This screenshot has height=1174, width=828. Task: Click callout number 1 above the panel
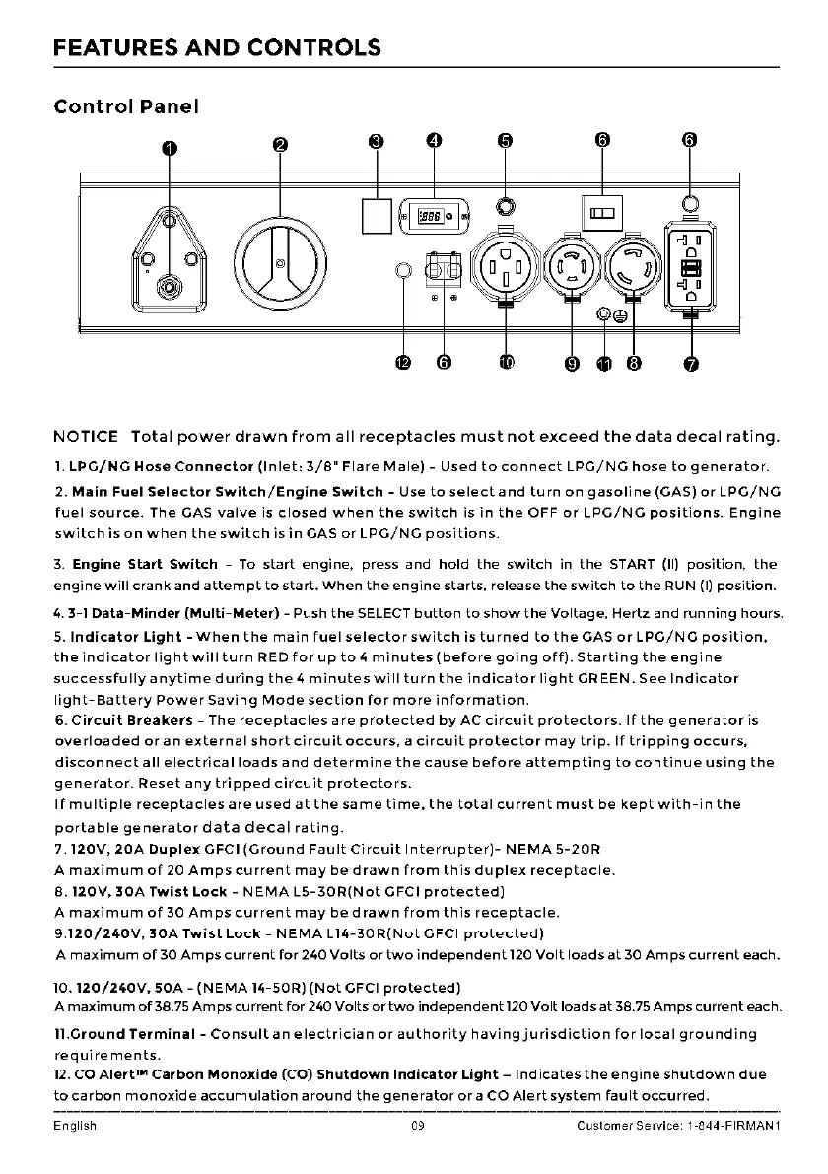pyautogui.click(x=170, y=148)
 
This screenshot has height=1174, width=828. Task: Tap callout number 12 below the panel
pyautogui.click(x=402, y=364)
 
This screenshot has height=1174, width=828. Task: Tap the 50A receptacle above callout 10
pyautogui.click(x=505, y=266)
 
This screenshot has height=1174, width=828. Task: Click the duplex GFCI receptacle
pyautogui.click(x=691, y=268)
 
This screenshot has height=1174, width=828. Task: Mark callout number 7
pyautogui.click(x=691, y=365)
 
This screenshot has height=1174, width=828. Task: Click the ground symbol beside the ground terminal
pyautogui.click(x=620, y=315)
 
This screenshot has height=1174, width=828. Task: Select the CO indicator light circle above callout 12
pyautogui.click(x=402, y=271)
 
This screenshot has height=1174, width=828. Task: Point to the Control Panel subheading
pyautogui.click(x=126, y=106)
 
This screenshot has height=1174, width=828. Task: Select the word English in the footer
pyautogui.click(x=75, y=1126)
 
